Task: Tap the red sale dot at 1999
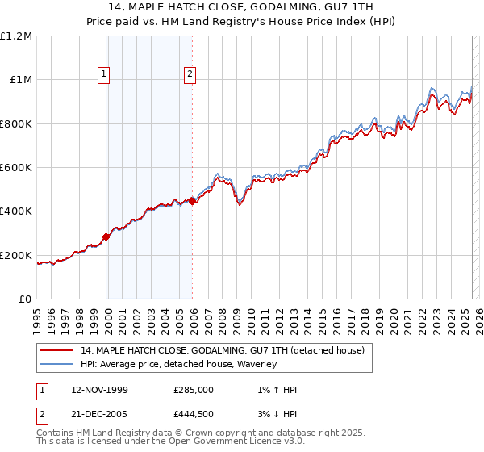106,236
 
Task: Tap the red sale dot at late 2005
192,202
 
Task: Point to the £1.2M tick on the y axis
16,36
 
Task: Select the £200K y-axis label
16,255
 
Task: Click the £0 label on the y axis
26,299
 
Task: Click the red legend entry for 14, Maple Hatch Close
223,350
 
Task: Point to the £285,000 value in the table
194,390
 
